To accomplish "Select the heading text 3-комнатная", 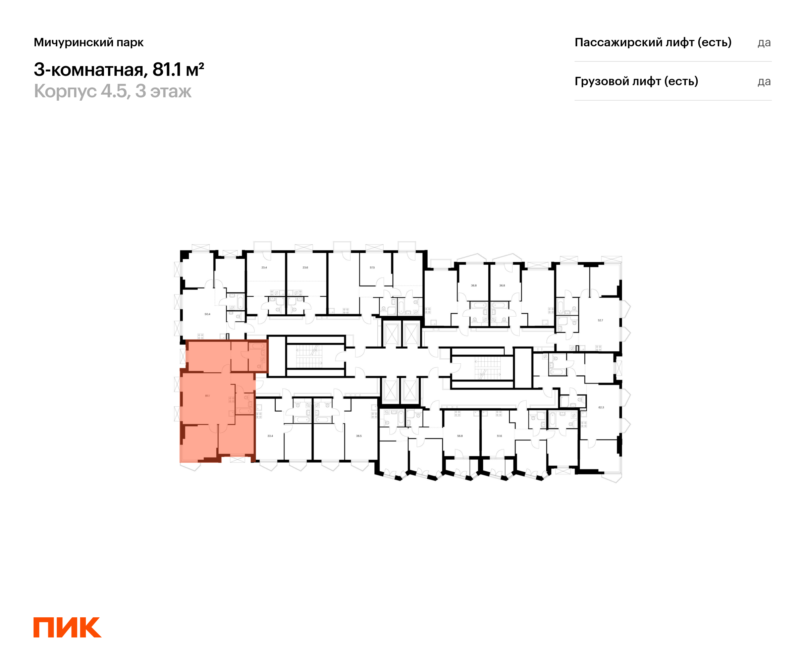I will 89,70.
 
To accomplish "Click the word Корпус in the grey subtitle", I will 65,91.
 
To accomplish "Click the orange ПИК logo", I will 67,628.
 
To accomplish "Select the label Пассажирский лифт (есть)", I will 653,42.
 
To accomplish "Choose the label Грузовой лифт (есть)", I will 636,81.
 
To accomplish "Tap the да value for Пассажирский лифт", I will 764,43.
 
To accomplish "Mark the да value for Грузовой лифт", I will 764,82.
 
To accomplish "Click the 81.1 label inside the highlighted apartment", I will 207,396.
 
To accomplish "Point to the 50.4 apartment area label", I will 207,314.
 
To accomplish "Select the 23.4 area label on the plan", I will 264,268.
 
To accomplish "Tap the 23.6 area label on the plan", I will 305,268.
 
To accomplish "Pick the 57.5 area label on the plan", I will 372,268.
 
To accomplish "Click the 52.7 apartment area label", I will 600,320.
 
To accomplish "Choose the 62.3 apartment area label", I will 601,408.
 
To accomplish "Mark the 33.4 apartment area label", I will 270,436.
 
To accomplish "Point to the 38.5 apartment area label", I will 359,436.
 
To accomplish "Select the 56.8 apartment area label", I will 460,436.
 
